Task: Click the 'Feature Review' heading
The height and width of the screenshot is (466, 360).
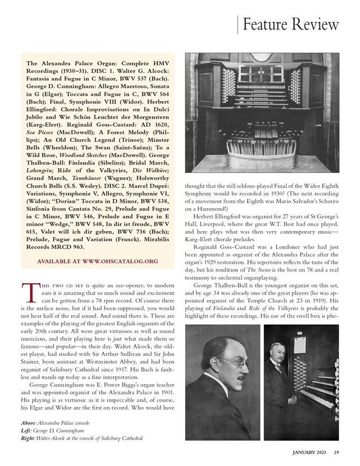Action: [290, 24]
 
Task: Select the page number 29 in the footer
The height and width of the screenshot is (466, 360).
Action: [336, 451]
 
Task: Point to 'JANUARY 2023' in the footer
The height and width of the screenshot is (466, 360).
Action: [310, 451]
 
